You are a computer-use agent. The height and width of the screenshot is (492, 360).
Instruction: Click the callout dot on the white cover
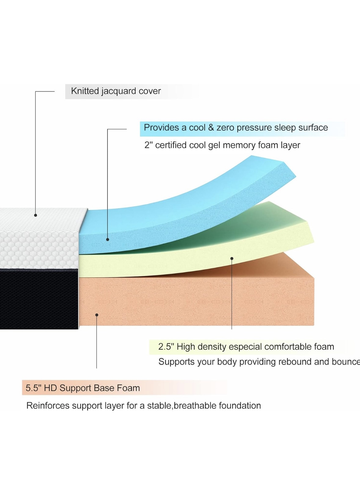pyautogui.click(x=35, y=215)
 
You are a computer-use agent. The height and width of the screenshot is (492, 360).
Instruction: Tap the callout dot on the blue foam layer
pyautogui.click(x=107, y=239)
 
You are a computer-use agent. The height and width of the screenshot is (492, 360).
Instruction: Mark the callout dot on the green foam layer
pyautogui.click(x=232, y=259)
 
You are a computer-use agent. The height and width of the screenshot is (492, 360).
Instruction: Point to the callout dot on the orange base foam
pyautogui.click(x=96, y=315)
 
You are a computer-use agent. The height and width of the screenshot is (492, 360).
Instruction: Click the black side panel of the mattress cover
pyautogui.click(x=39, y=299)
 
